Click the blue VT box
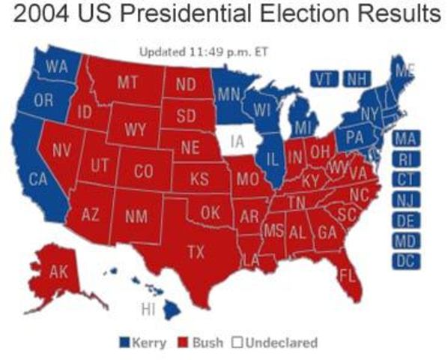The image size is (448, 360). tap(324, 79)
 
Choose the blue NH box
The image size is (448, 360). tap(356, 79)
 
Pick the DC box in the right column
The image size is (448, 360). tap(405, 262)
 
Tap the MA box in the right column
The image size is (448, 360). tap(405, 139)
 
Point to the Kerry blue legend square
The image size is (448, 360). tap(124, 343)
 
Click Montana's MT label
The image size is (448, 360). tap(127, 82)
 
